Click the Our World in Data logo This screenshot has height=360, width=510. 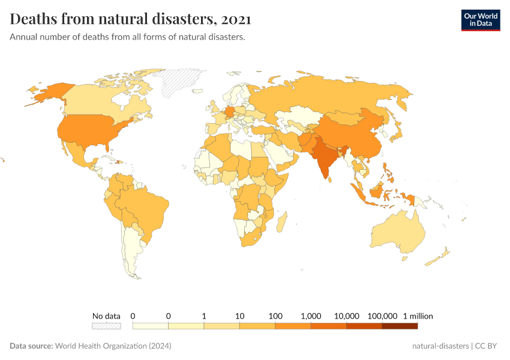(480, 20)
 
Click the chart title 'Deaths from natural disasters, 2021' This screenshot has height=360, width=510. (130, 20)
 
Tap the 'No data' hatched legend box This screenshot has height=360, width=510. (106, 326)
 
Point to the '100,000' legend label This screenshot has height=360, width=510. (382, 316)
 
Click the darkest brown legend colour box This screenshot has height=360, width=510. (400, 326)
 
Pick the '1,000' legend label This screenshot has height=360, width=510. (311, 316)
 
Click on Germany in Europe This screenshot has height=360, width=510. (230, 112)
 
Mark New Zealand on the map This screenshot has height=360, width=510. (437, 259)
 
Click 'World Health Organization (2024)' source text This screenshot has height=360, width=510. (113, 346)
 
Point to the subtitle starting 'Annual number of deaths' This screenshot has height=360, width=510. (127, 37)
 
